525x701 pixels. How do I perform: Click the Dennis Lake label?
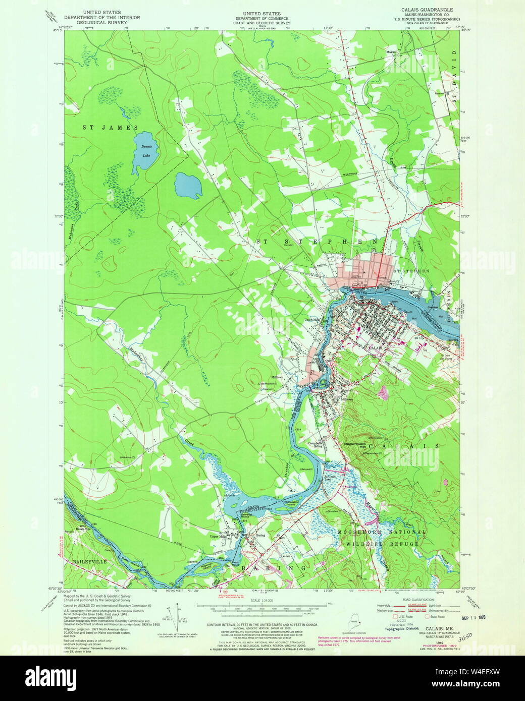pyautogui.click(x=146, y=151)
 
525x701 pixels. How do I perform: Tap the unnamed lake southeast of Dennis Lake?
pyautogui.click(x=188, y=186)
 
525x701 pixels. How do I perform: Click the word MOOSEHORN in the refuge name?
pyautogui.click(x=367, y=533)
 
